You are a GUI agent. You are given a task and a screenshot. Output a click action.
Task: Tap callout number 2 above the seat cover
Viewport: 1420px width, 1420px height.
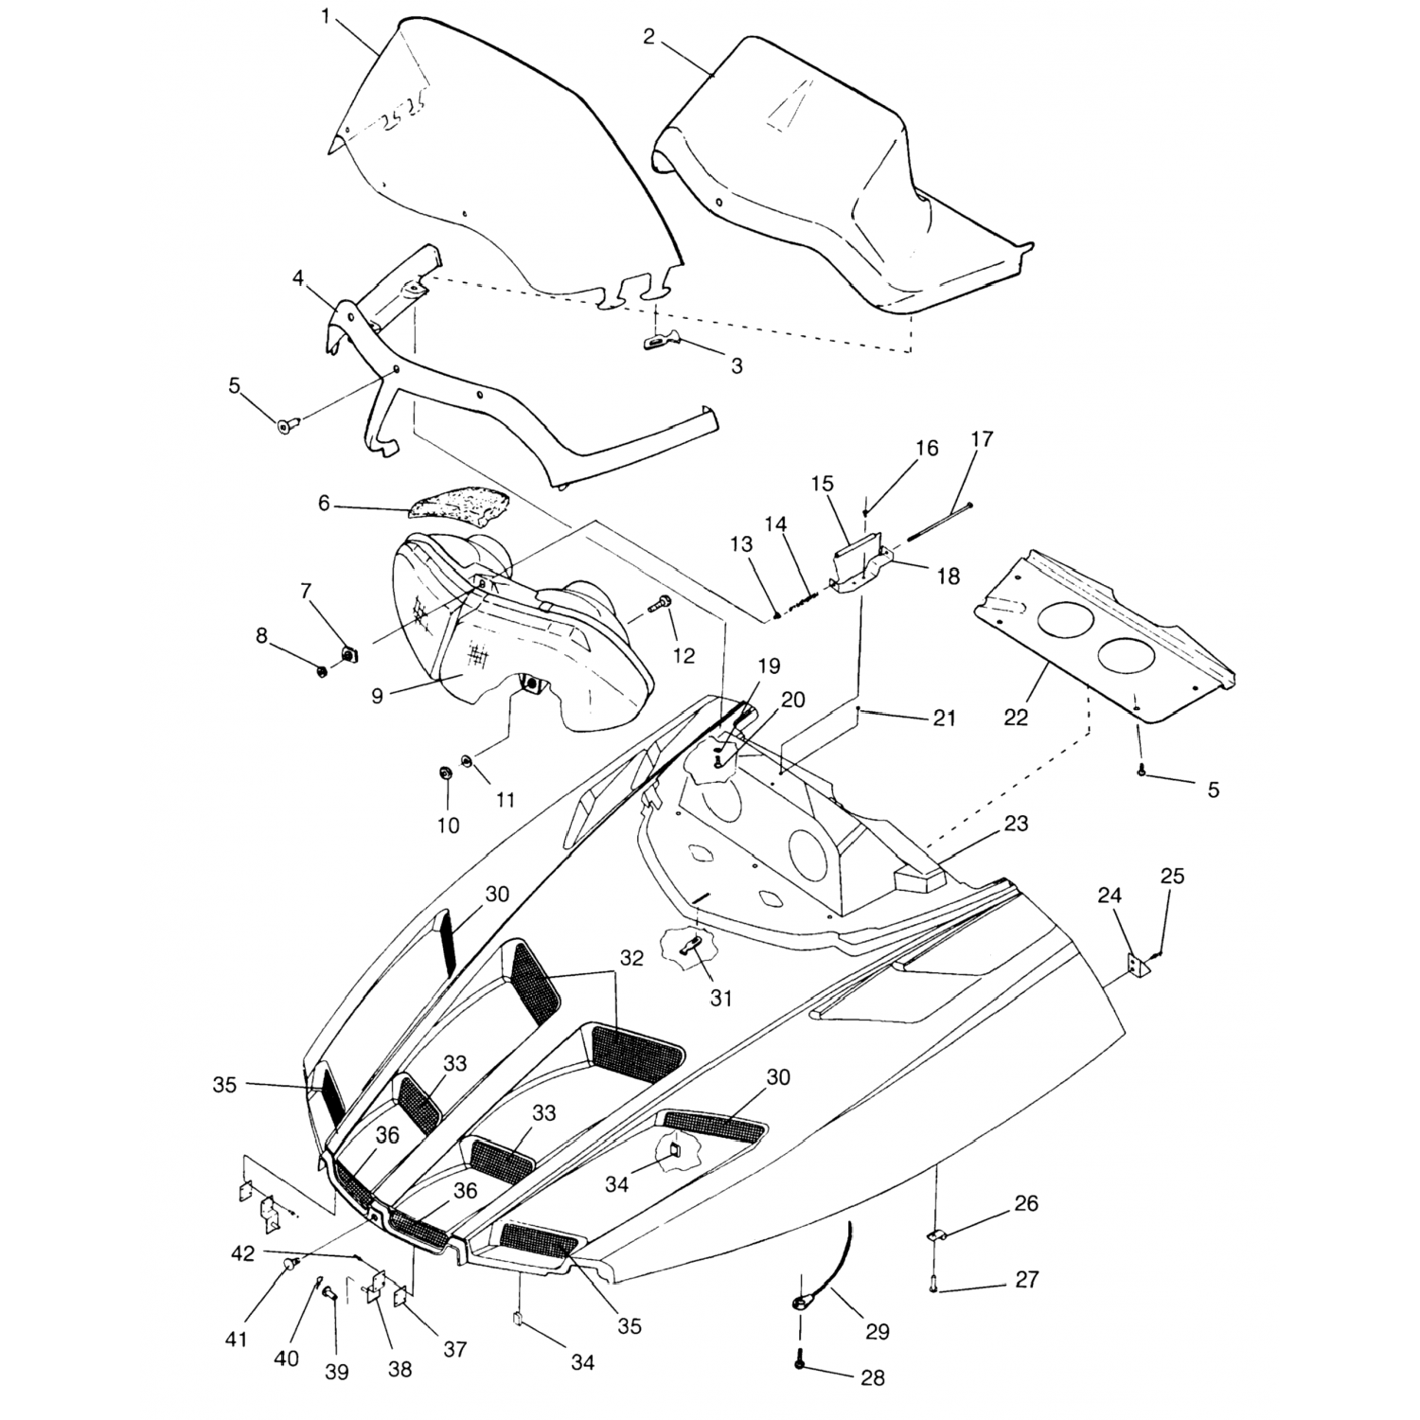click(x=648, y=37)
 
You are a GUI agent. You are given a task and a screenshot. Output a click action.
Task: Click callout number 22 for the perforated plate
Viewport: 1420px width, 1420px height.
click(x=1016, y=718)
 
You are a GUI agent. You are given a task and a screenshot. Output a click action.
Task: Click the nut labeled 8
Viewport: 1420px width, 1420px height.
click(x=322, y=671)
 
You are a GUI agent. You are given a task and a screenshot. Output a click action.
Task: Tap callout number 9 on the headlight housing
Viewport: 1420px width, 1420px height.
click(x=377, y=696)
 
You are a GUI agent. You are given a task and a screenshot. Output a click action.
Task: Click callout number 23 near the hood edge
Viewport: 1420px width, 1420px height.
click(x=1016, y=824)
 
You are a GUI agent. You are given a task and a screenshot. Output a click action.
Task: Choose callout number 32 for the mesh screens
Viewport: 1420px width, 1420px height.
click(x=631, y=958)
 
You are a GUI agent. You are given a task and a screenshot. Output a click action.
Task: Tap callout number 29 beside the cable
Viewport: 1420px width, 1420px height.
click(x=878, y=1331)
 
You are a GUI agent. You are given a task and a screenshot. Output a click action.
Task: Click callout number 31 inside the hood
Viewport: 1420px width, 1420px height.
click(x=721, y=998)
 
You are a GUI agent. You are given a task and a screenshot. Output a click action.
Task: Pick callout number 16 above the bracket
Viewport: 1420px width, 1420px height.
click(x=927, y=448)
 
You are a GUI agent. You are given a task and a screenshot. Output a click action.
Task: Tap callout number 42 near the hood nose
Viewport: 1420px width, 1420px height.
click(x=242, y=1252)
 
